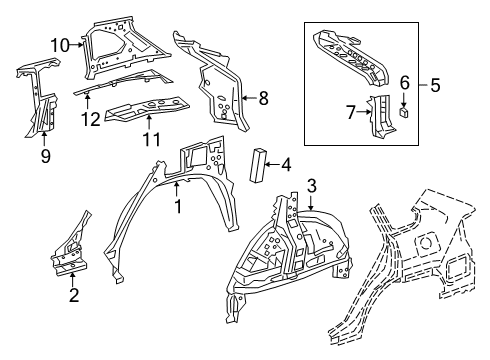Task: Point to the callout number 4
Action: [286, 164]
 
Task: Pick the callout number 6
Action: [404, 82]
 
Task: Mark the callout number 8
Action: [264, 98]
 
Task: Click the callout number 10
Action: [60, 42]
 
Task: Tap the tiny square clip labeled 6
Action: [403, 112]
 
